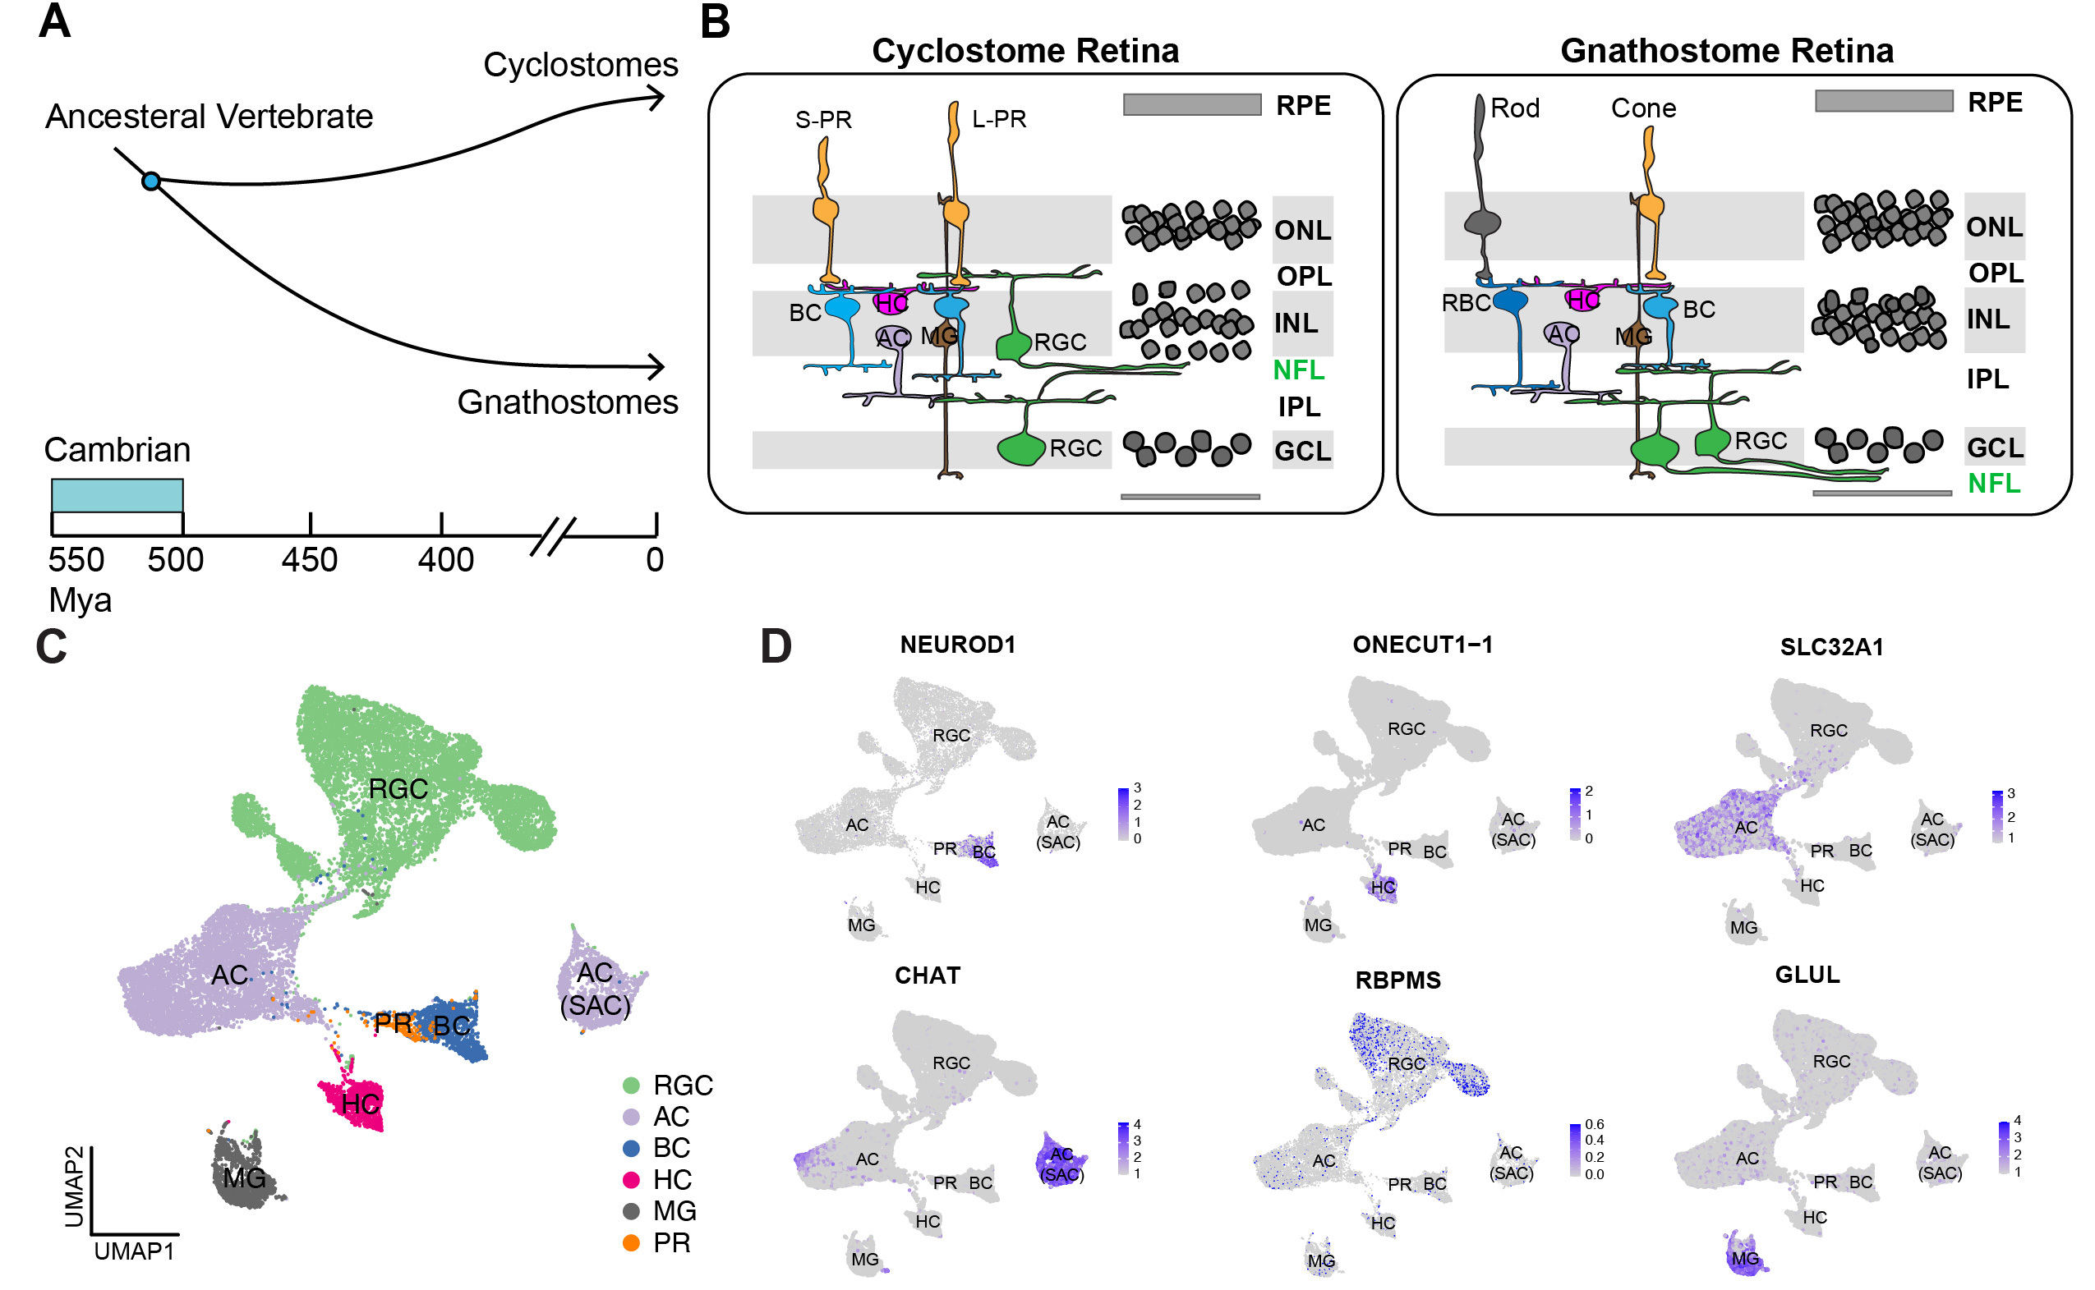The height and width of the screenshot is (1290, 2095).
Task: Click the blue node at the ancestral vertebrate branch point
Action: [151, 181]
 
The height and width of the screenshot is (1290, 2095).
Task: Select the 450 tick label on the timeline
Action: [310, 561]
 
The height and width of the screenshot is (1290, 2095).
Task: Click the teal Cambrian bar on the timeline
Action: [117, 496]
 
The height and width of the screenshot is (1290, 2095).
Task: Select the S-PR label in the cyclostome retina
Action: [823, 119]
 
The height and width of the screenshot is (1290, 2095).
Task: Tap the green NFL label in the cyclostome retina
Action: [1298, 370]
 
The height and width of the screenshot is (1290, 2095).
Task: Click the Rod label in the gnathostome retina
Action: [1515, 108]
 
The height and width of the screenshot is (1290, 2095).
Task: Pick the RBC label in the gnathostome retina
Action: [1465, 303]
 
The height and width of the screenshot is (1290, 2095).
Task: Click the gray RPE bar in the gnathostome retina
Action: [1883, 102]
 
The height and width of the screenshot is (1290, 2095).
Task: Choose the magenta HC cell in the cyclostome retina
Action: [890, 302]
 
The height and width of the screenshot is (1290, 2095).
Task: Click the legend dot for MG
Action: [632, 1211]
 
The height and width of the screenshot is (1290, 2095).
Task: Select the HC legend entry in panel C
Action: [671, 1180]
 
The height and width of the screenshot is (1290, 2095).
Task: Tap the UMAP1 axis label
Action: [134, 1251]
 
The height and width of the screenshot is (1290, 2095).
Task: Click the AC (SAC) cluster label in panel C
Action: [596, 989]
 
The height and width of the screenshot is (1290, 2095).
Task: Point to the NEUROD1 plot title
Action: [957, 645]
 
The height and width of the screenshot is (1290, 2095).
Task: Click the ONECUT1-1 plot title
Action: [1423, 645]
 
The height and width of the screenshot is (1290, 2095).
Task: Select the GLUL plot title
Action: [1807, 976]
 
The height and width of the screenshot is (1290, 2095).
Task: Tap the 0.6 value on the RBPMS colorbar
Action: [1594, 1124]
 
